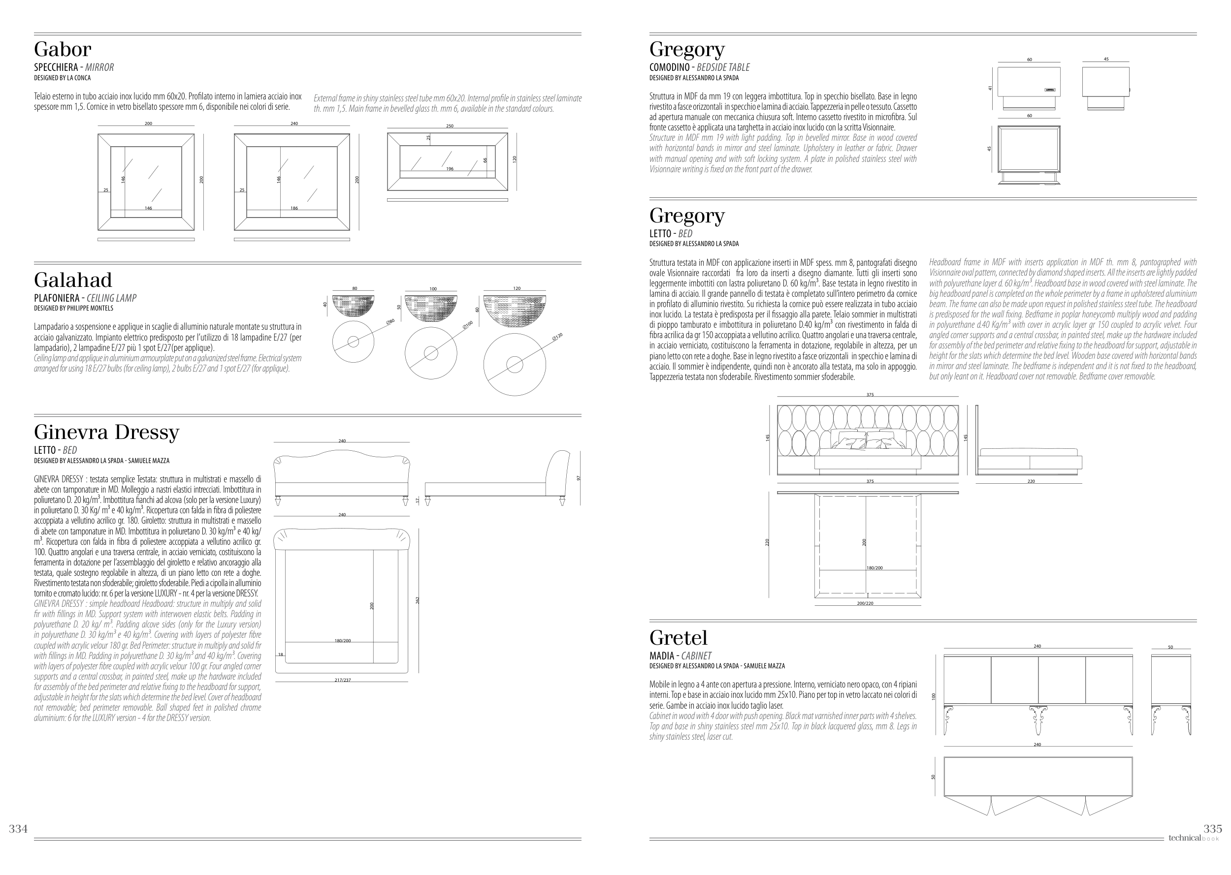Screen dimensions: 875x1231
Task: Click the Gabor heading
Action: [x=63, y=50]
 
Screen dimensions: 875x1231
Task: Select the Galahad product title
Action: [x=73, y=280]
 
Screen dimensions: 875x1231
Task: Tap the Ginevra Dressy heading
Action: [x=106, y=432]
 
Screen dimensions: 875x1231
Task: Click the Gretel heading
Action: [x=678, y=638]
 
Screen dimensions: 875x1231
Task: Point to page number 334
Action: [x=18, y=829]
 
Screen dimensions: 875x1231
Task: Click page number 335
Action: [x=1213, y=829]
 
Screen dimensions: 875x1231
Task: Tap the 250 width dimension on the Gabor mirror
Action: [x=450, y=126]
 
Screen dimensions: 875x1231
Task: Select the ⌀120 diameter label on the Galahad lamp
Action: [x=557, y=337]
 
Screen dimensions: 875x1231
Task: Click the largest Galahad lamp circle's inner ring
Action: [x=514, y=365]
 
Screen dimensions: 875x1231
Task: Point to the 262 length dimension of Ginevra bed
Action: [x=417, y=600]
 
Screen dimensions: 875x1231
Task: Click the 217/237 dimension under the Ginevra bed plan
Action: [x=342, y=681]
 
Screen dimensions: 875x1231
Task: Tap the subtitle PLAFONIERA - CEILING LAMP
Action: [x=85, y=298]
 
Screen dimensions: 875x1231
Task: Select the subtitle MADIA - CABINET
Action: [x=680, y=656]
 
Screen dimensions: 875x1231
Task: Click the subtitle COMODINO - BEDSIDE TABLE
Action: [x=699, y=67]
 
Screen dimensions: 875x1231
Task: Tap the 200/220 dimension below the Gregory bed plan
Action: [x=865, y=603]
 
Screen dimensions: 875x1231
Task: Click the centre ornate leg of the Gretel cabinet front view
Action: [x=1037, y=720]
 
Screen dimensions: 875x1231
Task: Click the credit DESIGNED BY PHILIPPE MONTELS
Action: [x=73, y=309]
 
